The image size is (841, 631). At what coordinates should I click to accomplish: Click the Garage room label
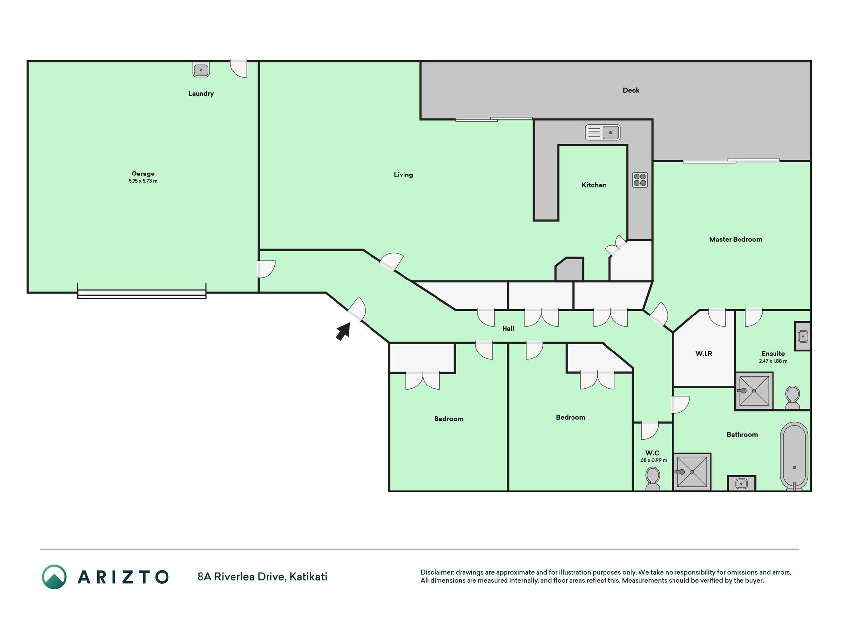tap(143, 174)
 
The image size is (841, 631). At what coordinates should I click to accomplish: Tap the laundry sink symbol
tap(201, 70)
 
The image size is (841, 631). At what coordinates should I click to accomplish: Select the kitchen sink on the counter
tap(603, 132)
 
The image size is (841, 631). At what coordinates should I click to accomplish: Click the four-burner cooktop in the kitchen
tap(640, 180)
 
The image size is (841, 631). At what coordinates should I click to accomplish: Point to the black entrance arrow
tap(343, 331)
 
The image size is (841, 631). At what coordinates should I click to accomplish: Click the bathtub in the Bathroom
tap(794, 456)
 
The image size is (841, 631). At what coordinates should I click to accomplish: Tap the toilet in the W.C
tap(653, 479)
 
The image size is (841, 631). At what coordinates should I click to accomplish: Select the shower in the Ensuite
tap(754, 391)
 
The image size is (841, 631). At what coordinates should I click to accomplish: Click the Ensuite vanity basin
tap(803, 336)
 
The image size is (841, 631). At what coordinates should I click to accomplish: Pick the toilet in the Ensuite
tap(793, 398)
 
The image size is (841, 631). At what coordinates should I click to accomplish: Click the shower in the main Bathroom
tap(692, 472)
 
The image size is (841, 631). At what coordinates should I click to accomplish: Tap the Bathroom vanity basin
tap(741, 484)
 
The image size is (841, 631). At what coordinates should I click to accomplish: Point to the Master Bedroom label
tap(736, 239)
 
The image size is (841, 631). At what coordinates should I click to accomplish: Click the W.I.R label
tap(704, 353)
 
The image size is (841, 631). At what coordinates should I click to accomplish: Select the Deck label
tap(631, 90)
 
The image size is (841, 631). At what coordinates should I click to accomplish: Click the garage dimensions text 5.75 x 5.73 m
tap(143, 181)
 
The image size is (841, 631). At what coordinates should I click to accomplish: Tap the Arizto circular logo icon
tap(54, 577)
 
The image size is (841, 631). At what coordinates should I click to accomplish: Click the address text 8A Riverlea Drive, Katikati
tap(262, 577)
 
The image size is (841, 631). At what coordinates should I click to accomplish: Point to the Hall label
tap(508, 328)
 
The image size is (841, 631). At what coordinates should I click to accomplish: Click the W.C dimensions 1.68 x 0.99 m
tap(652, 460)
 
